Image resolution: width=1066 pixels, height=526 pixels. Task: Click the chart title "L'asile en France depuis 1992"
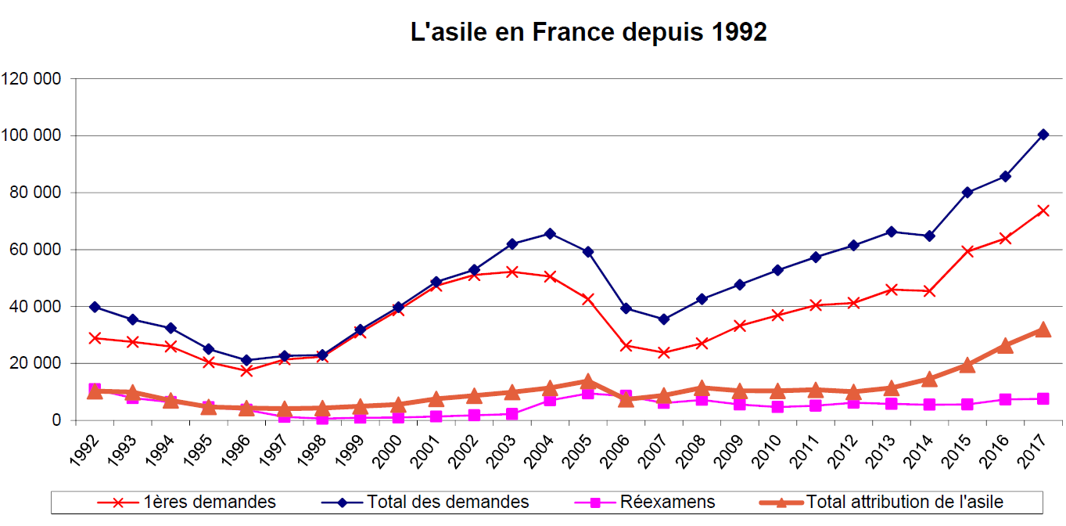coord(589,32)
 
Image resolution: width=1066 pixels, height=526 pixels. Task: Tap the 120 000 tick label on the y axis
coord(32,78)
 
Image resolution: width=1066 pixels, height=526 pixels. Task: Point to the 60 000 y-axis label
coord(36,250)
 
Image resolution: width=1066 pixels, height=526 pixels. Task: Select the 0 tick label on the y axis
coord(57,420)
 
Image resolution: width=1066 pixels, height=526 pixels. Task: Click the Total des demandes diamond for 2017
coord(1043,135)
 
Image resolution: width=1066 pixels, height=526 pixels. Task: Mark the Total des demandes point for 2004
coord(550,233)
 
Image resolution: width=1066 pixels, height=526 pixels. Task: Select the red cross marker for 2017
coord(1043,211)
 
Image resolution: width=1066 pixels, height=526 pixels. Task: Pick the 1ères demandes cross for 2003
coord(512,272)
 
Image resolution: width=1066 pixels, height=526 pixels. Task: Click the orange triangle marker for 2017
coord(1043,330)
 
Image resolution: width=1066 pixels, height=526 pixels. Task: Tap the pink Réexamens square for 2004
coord(550,400)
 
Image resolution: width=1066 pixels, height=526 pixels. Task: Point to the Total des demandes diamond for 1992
coord(95,307)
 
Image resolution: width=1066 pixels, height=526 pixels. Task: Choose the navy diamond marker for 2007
coord(663,319)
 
